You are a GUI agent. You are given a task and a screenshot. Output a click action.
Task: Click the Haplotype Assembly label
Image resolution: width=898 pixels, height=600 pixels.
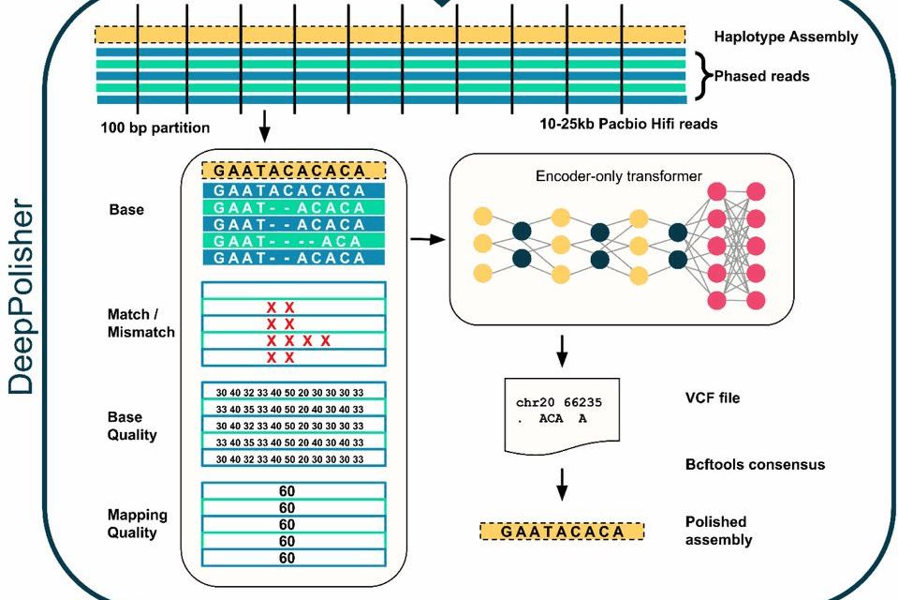coord(785,37)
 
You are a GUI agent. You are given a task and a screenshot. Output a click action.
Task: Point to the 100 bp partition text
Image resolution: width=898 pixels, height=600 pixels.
coord(155,127)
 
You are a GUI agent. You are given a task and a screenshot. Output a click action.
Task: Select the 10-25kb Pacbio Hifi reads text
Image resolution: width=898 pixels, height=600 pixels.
coord(621,124)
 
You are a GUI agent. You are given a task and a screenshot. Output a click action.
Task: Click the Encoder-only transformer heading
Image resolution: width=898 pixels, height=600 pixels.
coord(619,175)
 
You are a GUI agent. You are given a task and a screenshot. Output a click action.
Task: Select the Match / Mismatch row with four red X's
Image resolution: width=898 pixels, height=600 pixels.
coord(294,340)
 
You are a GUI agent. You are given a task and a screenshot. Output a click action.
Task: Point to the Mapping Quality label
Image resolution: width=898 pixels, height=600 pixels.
coord(137,523)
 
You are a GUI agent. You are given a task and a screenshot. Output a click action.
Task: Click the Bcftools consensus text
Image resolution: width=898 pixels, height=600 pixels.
coord(755,464)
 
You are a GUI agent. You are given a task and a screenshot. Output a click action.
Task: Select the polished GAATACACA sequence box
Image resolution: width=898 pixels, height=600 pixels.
coord(562,532)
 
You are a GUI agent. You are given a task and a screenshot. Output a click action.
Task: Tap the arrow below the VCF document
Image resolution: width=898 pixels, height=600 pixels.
coord(562,483)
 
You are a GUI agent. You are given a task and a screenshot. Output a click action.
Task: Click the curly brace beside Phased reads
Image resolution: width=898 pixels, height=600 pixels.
coord(703,76)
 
